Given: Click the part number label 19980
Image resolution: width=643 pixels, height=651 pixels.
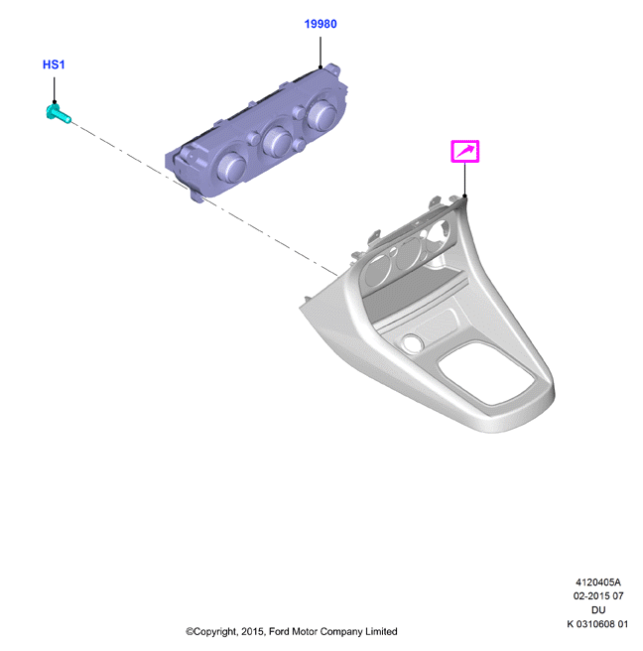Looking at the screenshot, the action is click(321, 24).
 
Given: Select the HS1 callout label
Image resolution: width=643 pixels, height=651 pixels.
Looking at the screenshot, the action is click(54, 65).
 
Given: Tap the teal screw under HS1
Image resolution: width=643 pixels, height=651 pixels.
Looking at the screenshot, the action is click(58, 113).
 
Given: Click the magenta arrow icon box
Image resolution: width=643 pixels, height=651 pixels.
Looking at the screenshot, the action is click(465, 151).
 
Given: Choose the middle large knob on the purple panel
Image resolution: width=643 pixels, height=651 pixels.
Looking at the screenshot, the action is click(277, 140).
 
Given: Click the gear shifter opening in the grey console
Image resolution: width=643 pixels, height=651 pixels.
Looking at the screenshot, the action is click(486, 373).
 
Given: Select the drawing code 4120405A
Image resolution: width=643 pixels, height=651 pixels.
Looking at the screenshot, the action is click(597, 583).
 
